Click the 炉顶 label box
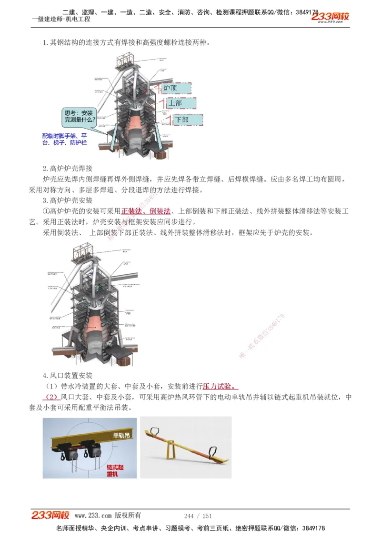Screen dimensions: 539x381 tap(175, 88)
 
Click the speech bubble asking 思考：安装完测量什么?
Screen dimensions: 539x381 tap(80, 117)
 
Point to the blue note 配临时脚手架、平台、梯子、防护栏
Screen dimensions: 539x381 tap(65, 139)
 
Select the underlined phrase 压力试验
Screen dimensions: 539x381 tap(221, 386)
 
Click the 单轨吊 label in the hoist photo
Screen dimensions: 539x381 tap(121, 435)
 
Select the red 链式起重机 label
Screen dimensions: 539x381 tap(114, 471)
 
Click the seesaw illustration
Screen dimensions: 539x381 tap(186, 448)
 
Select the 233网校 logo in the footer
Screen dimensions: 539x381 tap(50, 515)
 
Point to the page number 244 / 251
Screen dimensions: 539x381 tap(198, 516)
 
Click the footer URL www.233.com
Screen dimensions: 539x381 tap(93, 516)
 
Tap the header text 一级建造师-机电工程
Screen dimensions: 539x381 tap(60, 20)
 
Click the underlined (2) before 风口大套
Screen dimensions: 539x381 tap(51, 397)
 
